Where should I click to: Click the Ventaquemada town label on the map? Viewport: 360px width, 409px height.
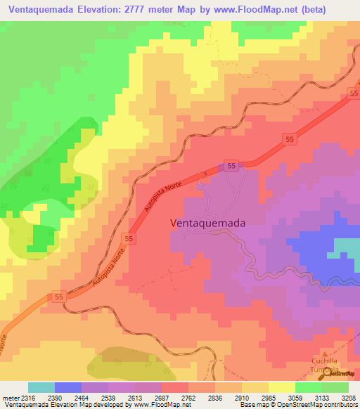(x=208, y=223)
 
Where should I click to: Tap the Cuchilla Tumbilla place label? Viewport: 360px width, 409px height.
(x=325, y=365)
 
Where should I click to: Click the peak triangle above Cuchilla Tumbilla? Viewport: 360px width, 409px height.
(x=325, y=355)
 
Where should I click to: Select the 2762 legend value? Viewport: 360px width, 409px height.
(x=188, y=398)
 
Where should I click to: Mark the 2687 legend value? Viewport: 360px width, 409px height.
(x=162, y=398)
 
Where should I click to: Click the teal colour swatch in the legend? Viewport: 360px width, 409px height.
(x=41, y=387)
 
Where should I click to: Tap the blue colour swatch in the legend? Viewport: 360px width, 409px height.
(x=68, y=387)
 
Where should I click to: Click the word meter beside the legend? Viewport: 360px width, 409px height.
(x=10, y=398)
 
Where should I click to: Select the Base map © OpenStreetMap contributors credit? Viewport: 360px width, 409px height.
(x=297, y=405)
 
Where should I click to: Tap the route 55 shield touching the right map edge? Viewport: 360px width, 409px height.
(x=354, y=93)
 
